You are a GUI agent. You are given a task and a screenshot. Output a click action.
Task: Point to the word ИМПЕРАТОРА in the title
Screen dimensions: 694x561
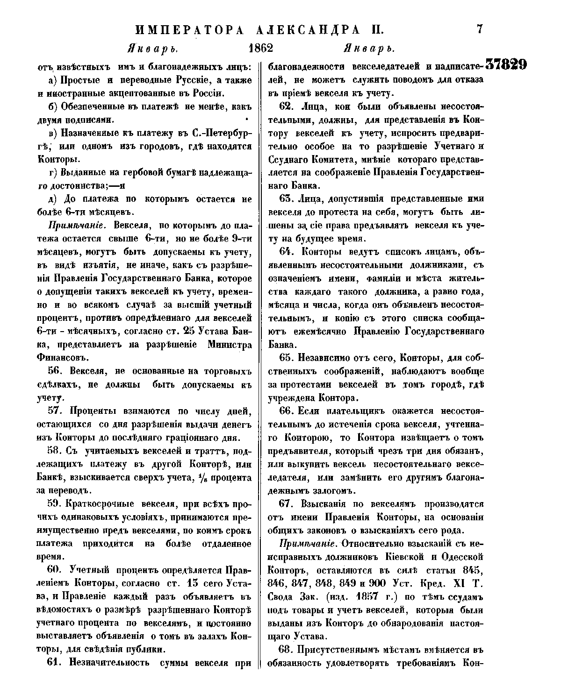tap(189, 30)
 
